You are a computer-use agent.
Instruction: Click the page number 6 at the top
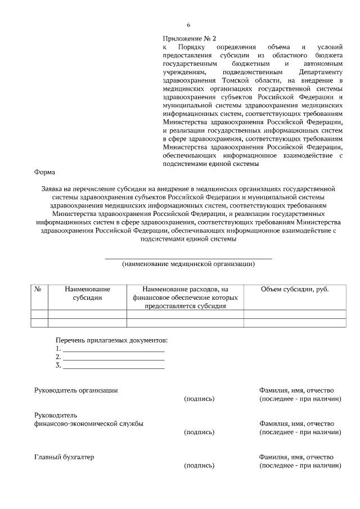coord(188,25)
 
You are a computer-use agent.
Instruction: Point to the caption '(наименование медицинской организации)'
coord(188,263)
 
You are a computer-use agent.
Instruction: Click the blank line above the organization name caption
coord(188,258)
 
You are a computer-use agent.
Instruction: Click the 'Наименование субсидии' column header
coord(87,293)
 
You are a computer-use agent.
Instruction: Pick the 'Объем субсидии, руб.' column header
coord(295,289)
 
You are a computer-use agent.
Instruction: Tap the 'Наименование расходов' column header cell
coord(185,297)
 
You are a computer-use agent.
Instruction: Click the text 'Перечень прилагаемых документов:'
coord(111,341)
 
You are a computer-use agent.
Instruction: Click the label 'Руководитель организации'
coord(76,390)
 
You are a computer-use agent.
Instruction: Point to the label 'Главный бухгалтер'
coord(64,457)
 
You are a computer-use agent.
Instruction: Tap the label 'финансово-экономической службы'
coord(88,424)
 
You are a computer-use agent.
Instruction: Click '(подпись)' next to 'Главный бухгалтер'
coord(199,466)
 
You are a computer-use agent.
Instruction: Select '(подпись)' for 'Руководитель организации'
coord(199,399)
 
